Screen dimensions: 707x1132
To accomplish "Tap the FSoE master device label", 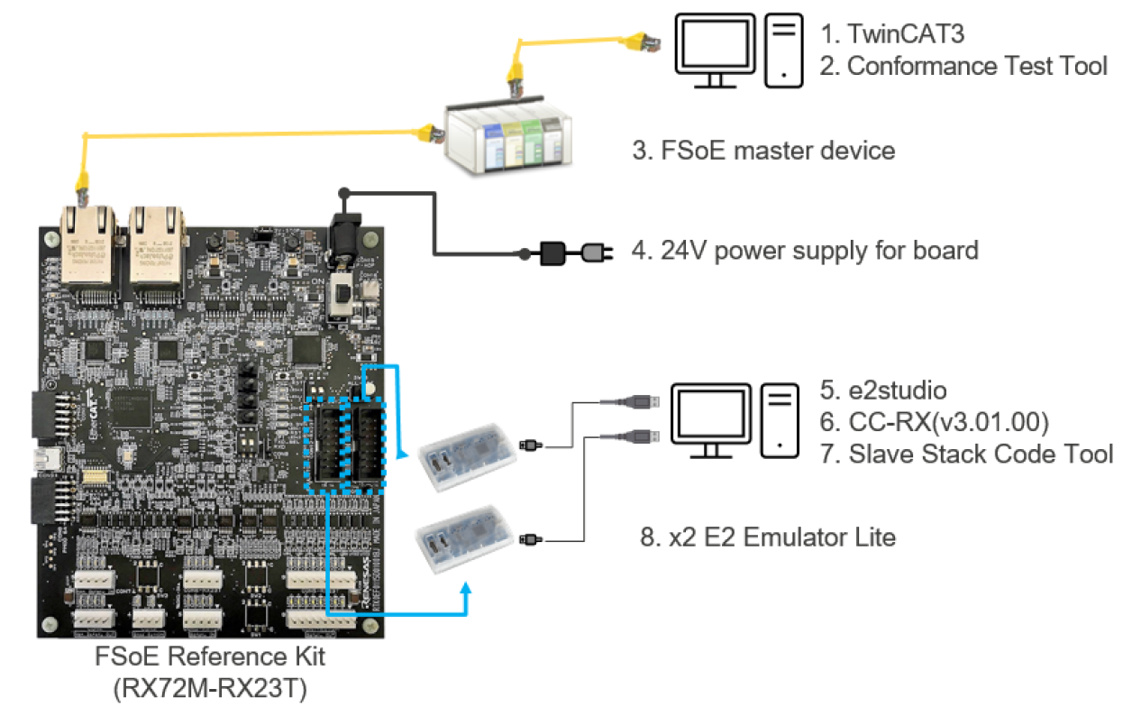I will (763, 150).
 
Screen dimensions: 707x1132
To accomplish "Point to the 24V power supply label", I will (805, 250).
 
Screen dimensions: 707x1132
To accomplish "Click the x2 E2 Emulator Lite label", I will (767, 538).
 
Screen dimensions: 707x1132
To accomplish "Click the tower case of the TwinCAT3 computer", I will (783, 50).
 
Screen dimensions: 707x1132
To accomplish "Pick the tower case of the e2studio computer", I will (780, 420).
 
